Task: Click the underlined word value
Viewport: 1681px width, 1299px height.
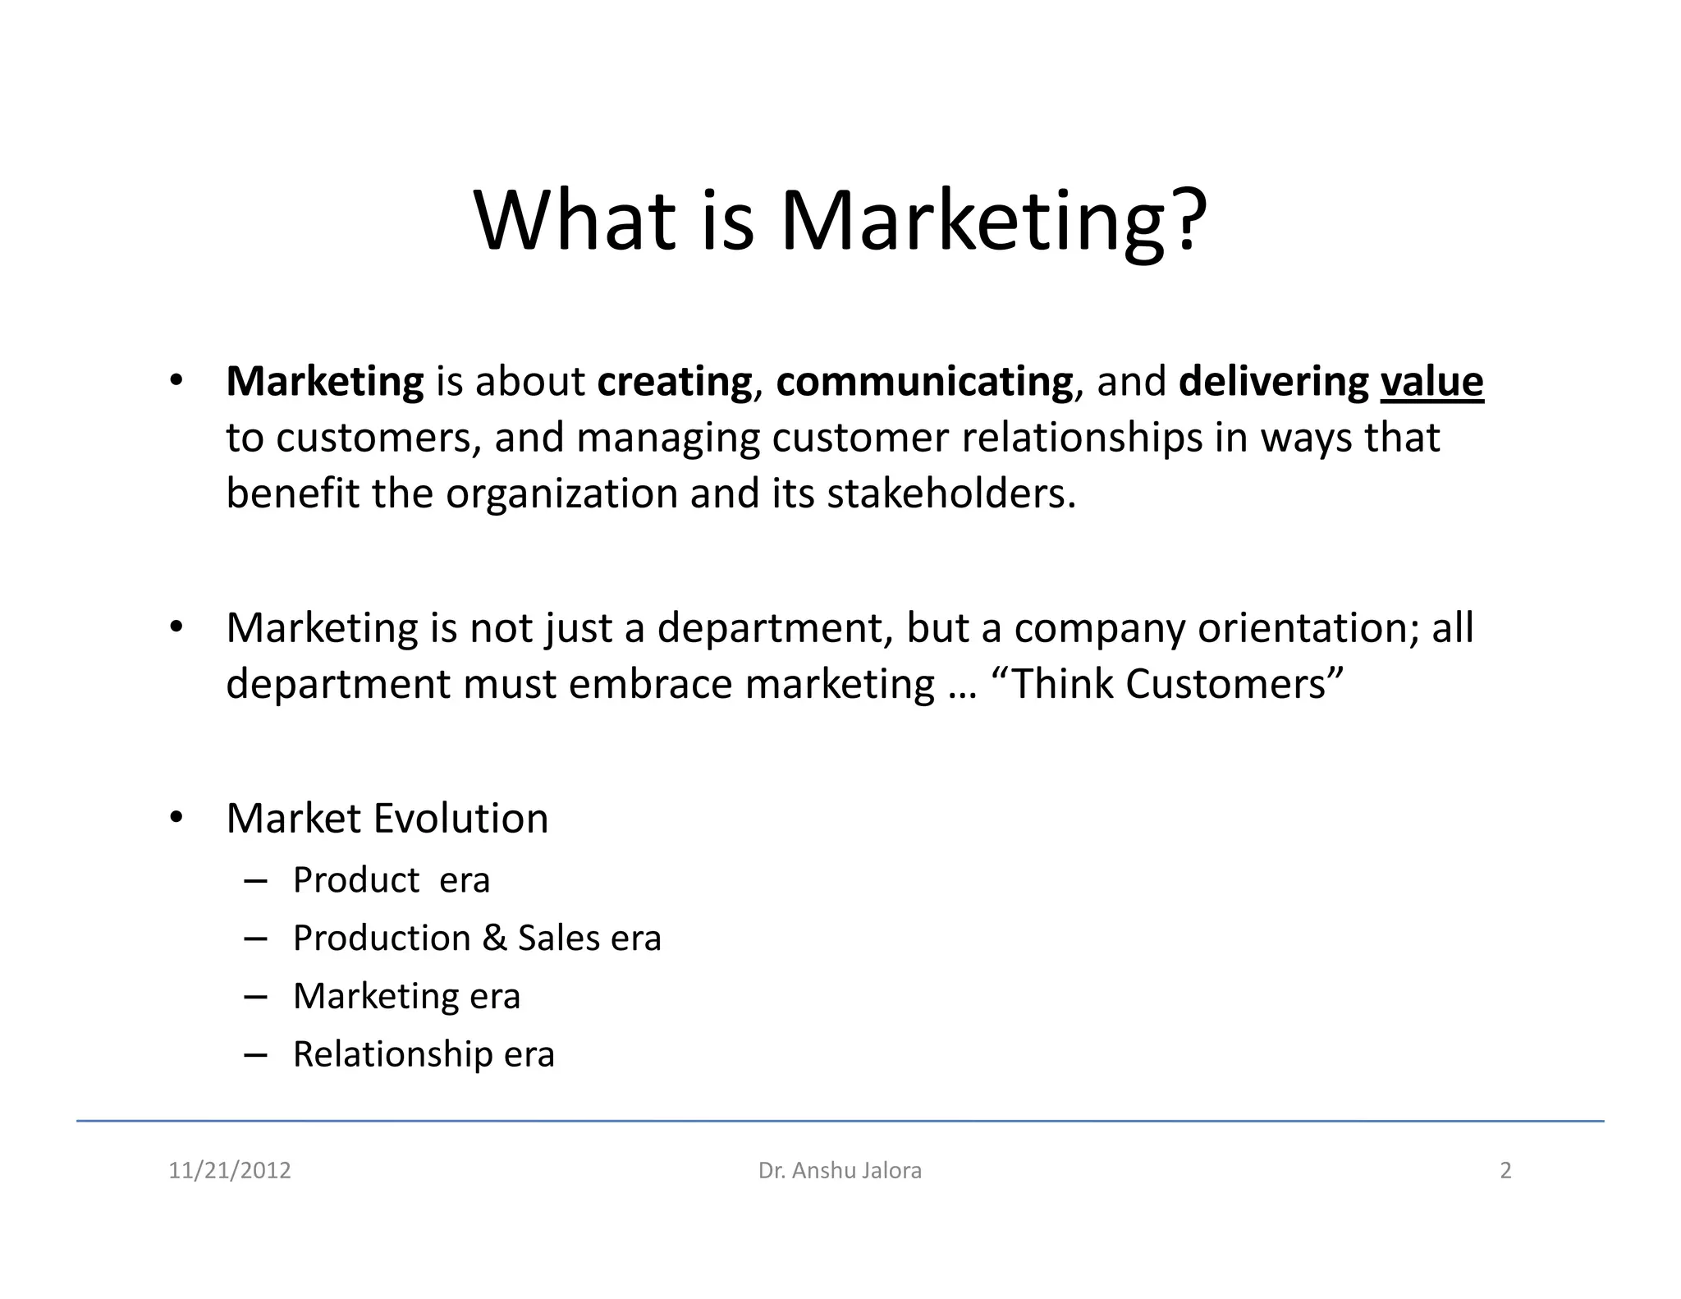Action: point(1431,382)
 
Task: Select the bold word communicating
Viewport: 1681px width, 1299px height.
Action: point(923,382)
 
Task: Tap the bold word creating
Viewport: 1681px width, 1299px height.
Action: point(674,382)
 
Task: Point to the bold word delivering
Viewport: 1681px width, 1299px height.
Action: point(1273,382)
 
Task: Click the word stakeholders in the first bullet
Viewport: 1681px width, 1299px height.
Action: point(950,493)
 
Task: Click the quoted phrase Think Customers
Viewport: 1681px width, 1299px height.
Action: point(1168,683)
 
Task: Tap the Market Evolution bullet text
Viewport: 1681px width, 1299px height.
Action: point(387,818)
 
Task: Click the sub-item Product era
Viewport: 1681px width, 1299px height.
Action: point(391,880)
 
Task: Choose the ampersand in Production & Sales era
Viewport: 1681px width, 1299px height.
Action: point(494,939)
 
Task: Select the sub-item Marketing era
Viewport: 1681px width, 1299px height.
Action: point(406,996)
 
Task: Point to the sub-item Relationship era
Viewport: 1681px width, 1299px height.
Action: point(424,1054)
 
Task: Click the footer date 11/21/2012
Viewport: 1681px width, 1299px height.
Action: point(230,1170)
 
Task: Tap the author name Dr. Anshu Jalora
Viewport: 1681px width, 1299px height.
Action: point(840,1170)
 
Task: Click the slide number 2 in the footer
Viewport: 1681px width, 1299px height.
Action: point(1505,1170)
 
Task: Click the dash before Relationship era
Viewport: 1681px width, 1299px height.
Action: point(255,1054)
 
